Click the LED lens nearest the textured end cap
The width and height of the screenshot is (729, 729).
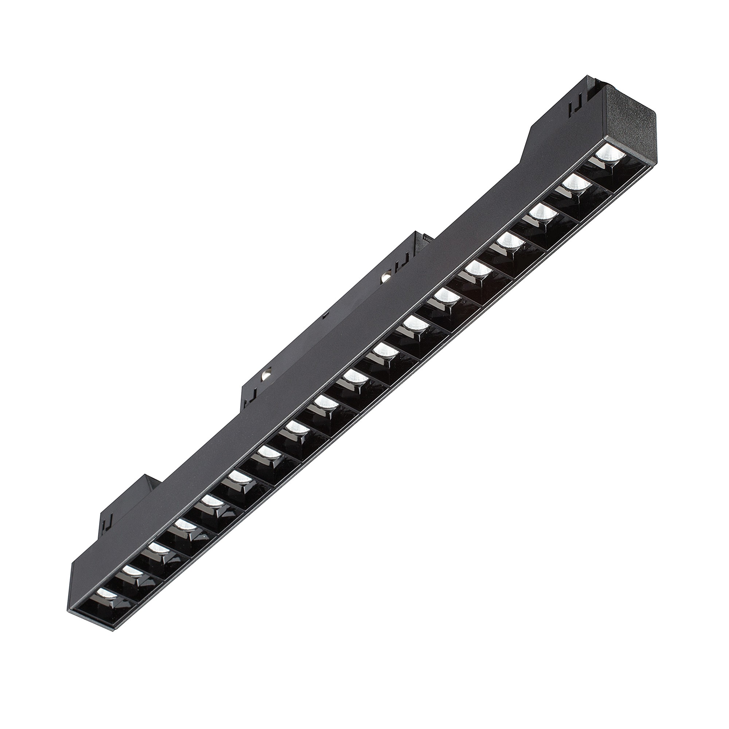click(608, 152)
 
